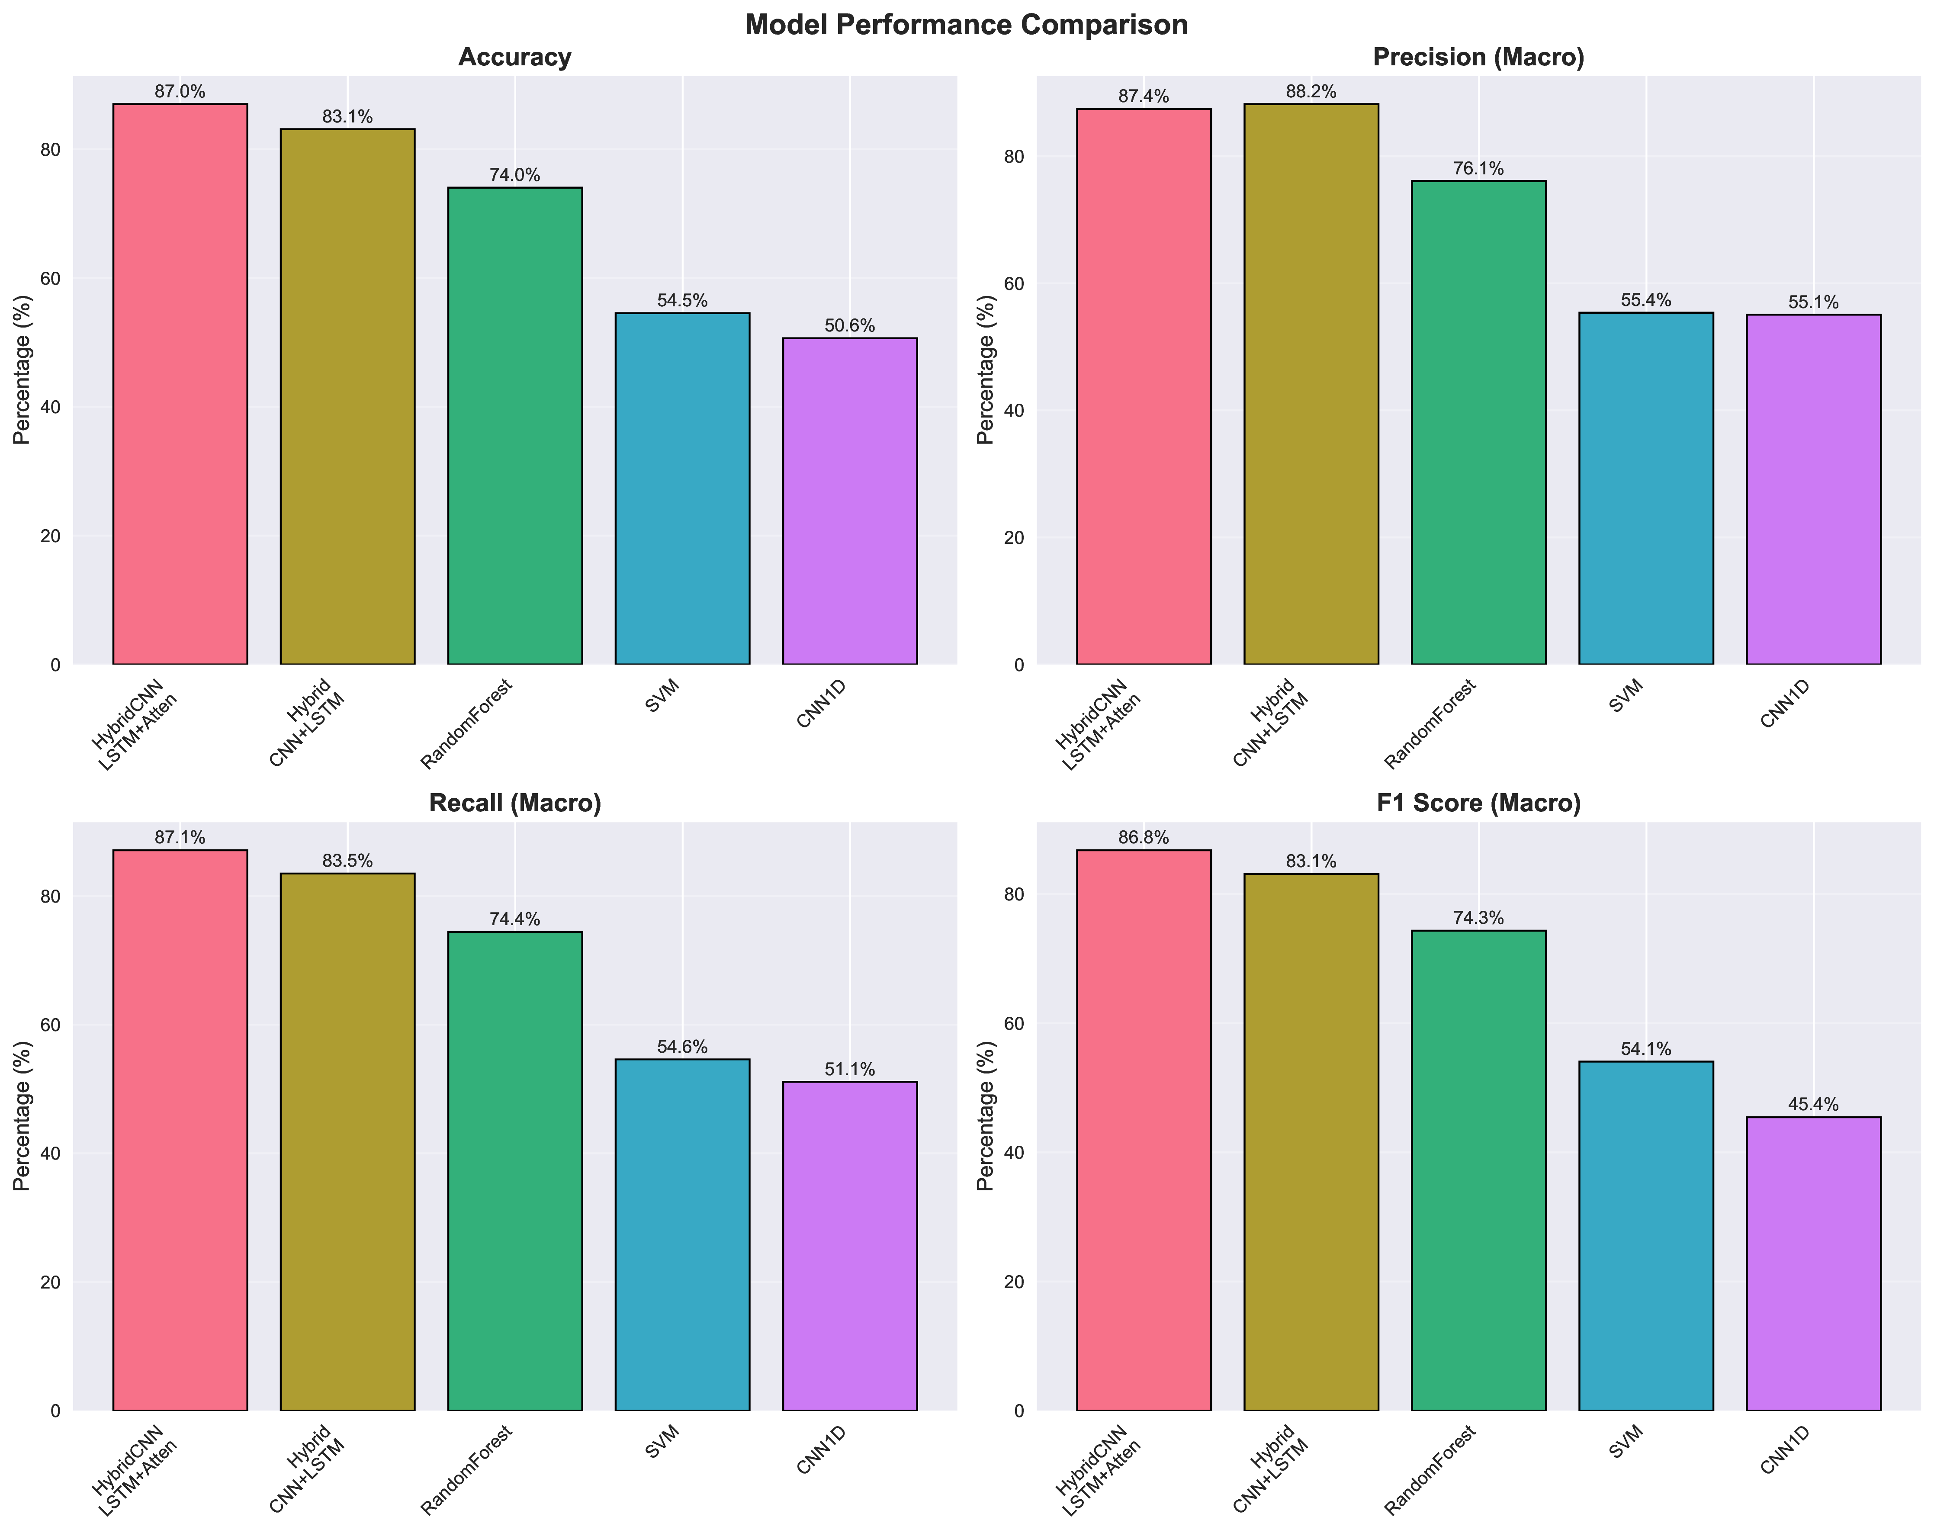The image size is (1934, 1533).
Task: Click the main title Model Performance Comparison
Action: pyautogui.click(x=966, y=24)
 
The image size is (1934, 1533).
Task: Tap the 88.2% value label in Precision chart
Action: pyautogui.click(x=1311, y=91)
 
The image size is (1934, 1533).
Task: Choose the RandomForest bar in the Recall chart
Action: pyautogui.click(x=515, y=1170)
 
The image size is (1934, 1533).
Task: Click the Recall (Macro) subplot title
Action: pyautogui.click(x=515, y=803)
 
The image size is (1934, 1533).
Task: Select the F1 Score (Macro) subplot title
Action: pyautogui.click(x=1478, y=803)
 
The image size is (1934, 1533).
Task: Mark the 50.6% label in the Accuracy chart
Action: pyautogui.click(x=849, y=326)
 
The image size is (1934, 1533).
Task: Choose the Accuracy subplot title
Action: pyautogui.click(x=515, y=58)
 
